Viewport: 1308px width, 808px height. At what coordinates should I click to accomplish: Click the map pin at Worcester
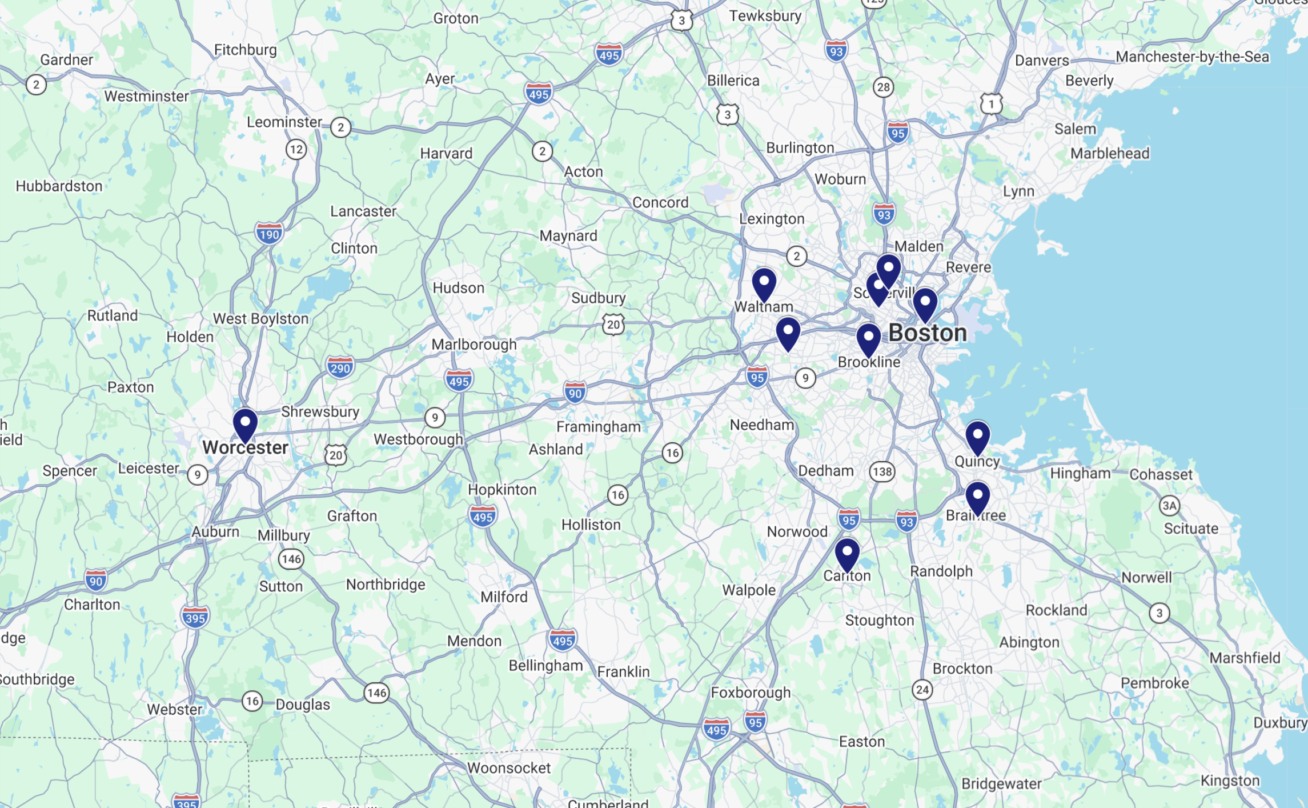tap(245, 424)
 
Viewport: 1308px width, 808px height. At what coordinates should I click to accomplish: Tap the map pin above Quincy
tap(977, 437)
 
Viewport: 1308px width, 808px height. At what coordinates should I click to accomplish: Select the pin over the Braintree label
tap(977, 498)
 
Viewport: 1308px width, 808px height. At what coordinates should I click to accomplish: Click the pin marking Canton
tap(846, 554)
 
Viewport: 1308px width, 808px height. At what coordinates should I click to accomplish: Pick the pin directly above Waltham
tap(764, 283)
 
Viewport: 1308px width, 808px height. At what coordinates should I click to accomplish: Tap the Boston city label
tap(928, 333)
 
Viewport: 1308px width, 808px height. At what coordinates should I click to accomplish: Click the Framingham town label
tap(598, 427)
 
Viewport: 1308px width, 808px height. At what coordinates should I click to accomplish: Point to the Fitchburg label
tap(245, 50)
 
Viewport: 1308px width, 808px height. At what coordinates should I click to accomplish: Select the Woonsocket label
tap(508, 768)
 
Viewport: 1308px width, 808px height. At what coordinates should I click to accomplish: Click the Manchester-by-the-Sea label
tap(1192, 57)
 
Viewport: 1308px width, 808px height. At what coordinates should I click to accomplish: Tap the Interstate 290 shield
tap(340, 368)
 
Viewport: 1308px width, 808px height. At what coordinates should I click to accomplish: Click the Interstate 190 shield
tap(269, 234)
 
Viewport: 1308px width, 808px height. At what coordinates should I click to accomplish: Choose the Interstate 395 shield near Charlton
tap(195, 618)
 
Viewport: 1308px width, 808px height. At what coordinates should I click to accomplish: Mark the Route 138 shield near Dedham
tap(882, 471)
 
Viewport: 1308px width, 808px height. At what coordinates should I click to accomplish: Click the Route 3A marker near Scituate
tap(1169, 506)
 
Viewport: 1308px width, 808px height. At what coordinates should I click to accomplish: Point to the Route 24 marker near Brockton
tap(922, 690)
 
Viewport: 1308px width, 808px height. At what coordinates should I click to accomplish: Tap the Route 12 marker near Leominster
tap(296, 150)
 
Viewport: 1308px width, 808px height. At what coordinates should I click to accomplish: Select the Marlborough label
tap(474, 345)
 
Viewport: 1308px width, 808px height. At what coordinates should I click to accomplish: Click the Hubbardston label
tap(59, 186)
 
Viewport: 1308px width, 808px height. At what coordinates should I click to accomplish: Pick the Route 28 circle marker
tap(883, 87)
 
